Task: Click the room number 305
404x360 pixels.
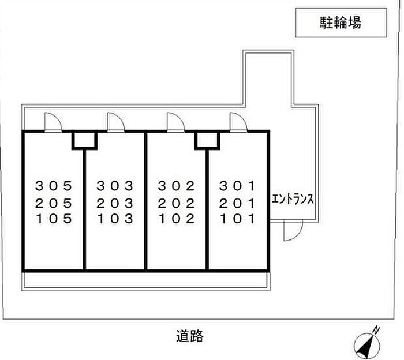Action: click(54, 186)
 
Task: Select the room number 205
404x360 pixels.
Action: click(54, 202)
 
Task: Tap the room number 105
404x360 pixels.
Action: click(54, 219)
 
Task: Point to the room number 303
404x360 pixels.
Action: click(115, 186)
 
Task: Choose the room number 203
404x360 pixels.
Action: click(115, 202)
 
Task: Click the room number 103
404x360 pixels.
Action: click(115, 219)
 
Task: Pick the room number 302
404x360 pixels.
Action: click(177, 186)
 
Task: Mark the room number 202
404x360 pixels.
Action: click(177, 202)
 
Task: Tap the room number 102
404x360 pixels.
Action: click(177, 219)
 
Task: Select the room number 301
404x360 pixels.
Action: click(237, 186)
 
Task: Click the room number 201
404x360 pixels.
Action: click(237, 202)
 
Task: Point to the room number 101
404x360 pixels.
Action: click(237, 219)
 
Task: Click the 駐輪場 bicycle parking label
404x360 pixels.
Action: click(340, 23)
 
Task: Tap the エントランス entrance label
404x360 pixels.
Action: click(293, 200)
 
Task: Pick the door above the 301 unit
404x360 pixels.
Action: click(238, 122)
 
